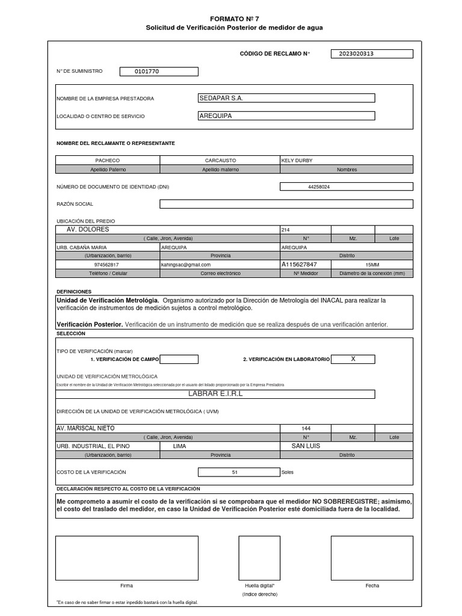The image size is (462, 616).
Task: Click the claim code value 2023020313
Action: [x=357, y=54]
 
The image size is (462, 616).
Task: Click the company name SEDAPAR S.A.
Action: [x=221, y=98]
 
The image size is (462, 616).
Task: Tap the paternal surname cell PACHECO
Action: [x=108, y=161]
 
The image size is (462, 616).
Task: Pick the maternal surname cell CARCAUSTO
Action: [x=220, y=161]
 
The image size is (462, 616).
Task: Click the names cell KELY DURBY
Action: [x=297, y=161]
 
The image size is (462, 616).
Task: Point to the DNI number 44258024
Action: [x=319, y=187]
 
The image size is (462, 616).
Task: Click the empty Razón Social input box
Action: [x=286, y=204]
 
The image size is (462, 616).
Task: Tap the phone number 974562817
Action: [x=106, y=264]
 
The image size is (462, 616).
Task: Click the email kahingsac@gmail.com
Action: [x=186, y=264]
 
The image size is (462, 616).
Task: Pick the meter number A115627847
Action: [x=299, y=264]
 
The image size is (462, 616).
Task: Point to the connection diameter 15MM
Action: [x=372, y=264]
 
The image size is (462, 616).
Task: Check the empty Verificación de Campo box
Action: [x=179, y=359]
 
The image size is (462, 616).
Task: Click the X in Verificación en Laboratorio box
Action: [x=353, y=359]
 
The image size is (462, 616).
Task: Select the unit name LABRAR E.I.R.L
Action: [x=215, y=393]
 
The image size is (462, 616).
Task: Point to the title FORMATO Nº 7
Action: [x=235, y=19]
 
